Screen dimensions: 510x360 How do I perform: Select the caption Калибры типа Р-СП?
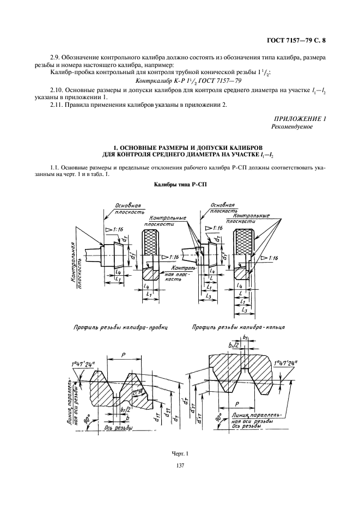[x=180, y=185]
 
